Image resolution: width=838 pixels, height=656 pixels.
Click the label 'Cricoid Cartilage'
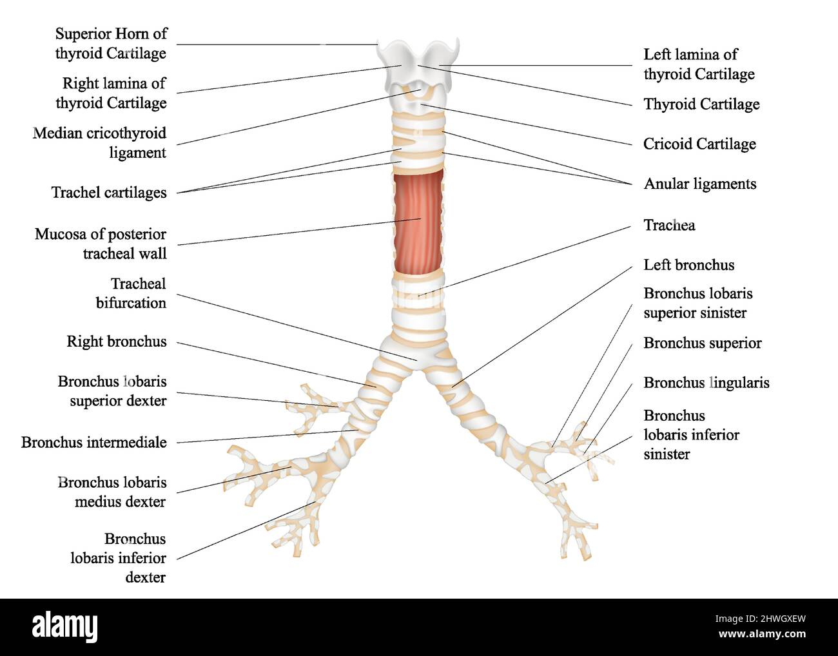[699, 144]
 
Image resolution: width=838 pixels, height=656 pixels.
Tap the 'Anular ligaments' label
[700, 184]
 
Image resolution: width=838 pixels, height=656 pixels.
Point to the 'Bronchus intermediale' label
[93, 443]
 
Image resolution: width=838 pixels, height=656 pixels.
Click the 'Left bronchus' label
[688, 265]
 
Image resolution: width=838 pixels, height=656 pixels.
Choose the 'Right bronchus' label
[117, 342]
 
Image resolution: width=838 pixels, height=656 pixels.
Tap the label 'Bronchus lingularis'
[706, 383]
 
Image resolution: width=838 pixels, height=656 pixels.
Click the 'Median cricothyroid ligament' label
[99, 143]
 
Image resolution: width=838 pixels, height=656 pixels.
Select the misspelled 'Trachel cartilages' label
[109, 192]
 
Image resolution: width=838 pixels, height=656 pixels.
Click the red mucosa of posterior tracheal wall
[418, 222]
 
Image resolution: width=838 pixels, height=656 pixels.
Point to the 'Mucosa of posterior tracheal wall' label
[101, 244]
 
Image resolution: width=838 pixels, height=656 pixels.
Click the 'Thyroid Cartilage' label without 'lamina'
[701, 104]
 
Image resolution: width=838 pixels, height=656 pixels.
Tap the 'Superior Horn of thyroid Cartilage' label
[111, 44]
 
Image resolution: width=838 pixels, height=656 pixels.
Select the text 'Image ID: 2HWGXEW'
[761, 619]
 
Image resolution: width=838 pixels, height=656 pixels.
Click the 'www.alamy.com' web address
[762, 634]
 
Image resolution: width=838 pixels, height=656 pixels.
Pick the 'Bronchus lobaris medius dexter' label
[112, 492]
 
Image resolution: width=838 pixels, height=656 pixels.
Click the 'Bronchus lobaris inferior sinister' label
[691, 435]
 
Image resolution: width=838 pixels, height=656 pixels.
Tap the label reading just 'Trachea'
[669, 225]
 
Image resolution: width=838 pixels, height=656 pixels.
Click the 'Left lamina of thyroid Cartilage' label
[699, 64]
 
